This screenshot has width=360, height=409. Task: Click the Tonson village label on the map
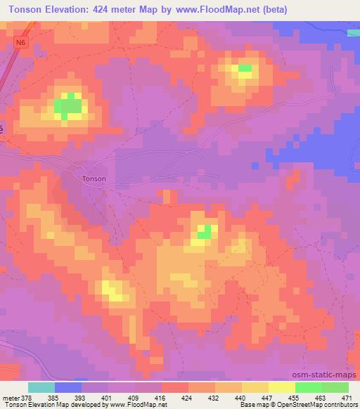coord(94,178)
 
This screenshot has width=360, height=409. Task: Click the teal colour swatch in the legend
coord(41,387)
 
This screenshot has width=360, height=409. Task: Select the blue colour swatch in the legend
coord(68,387)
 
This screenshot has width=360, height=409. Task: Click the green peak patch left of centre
coord(68,107)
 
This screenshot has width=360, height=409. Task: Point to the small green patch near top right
coord(245,68)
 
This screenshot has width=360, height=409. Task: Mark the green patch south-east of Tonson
coord(205,232)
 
